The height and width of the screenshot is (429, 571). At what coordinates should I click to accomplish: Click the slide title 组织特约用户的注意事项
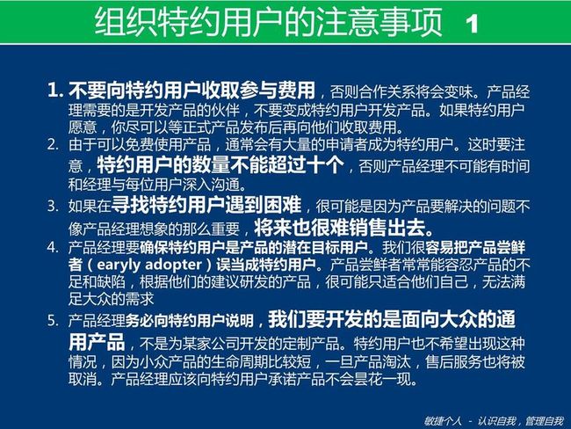(x=269, y=22)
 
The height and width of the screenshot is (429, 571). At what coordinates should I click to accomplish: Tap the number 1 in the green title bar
(x=472, y=25)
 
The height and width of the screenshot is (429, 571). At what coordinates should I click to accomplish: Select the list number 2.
(x=53, y=145)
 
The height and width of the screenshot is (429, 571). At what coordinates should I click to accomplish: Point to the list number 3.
(x=53, y=206)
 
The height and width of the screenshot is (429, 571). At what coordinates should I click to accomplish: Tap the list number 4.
(x=53, y=248)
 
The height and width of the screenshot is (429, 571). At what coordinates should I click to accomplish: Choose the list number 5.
(x=53, y=320)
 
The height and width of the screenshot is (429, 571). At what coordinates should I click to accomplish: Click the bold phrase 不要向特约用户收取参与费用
(x=192, y=90)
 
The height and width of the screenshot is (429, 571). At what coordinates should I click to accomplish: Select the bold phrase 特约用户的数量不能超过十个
(x=220, y=164)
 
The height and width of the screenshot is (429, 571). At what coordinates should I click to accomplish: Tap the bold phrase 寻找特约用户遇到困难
(x=206, y=205)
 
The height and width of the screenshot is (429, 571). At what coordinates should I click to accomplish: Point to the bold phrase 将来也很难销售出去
(x=343, y=228)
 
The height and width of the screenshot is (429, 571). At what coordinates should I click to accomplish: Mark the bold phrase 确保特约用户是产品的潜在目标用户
(x=254, y=248)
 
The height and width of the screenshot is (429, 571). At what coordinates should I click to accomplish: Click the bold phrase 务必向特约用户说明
(x=190, y=321)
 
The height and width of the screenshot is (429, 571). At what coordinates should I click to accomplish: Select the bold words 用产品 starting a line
(x=97, y=342)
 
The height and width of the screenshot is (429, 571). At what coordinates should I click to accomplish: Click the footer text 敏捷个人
(x=443, y=421)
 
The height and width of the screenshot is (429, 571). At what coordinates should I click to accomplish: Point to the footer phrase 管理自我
(x=545, y=421)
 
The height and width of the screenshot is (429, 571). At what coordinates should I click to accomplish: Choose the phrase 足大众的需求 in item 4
(x=111, y=299)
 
